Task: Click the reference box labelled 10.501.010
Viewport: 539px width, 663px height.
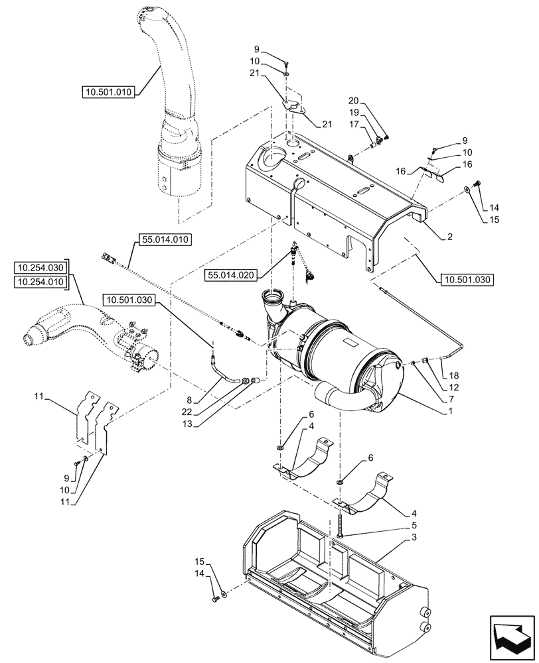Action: click(109, 92)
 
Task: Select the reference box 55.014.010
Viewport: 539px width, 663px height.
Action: click(164, 239)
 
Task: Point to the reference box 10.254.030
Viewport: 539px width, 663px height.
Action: click(40, 268)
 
